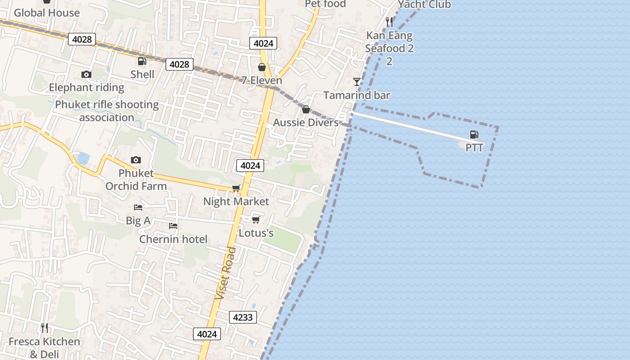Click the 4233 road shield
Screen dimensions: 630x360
[x=243, y=317]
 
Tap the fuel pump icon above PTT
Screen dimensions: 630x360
[x=474, y=134]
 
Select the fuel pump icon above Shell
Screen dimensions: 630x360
[x=142, y=61]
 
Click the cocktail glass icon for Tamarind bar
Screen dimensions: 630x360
[x=357, y=81]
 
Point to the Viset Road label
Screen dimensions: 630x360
[x=226, y=273]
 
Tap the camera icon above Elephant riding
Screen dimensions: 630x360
[x=86, y=74]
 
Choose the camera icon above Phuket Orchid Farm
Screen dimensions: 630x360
[x=136, y=160]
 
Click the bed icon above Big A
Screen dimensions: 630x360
[x=138, y=207]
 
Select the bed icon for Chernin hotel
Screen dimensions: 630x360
[x=173, y=226]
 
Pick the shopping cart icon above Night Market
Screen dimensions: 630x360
[x=236, y=188]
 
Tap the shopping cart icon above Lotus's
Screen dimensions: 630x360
[x=256, y=220]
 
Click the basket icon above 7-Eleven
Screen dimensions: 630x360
[x=262, y=67]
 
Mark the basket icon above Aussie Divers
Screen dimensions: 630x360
[x=306, y=109]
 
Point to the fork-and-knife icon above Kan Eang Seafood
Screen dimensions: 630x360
[x=390, y=22]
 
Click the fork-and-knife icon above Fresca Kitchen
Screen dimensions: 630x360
[x=44, y=328]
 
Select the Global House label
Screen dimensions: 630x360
[x=47, y=13]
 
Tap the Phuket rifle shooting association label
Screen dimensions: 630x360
[x=107, y=111]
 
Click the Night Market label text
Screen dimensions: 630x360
[x=236, y=201]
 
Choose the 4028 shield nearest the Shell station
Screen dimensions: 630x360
[x=179, y=64]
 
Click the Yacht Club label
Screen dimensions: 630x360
[x=424, y=4]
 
